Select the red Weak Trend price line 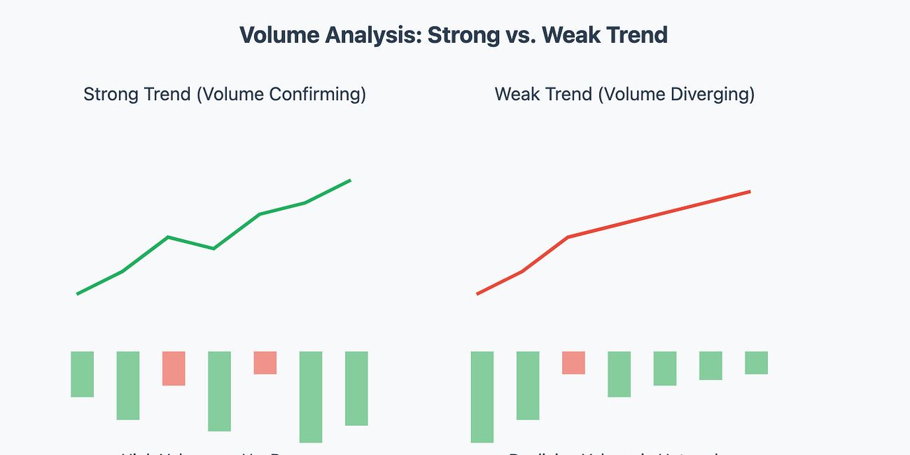[x=658, y=214]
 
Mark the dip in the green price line [x=213, y=248]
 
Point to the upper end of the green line [x=349, y=181]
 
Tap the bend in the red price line [x=568, y=237]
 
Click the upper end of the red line [x=749, y=191]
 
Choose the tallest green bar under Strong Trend [x=311, y=396]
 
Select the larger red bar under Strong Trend [x=174, y=368]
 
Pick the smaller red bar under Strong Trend [x=265, y=363]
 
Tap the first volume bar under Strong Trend [x=82, y=374]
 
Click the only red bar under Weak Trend [x=573, y=363]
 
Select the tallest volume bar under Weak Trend [x=482, y=396]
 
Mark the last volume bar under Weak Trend [x=756, y=363]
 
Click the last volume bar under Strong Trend [x=356, y=388]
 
